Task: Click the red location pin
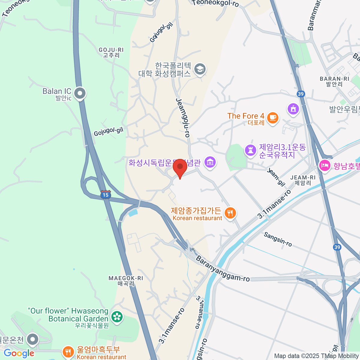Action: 180,167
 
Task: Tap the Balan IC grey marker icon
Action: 80,93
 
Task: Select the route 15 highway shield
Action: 106,194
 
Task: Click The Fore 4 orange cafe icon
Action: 272,118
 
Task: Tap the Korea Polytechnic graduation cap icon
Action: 199,69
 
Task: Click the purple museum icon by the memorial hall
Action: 210,162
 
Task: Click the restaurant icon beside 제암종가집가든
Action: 230,213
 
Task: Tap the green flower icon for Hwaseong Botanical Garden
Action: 117,316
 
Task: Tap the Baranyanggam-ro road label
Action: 223,268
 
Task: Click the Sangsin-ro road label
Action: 278,239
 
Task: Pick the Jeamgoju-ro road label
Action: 183,118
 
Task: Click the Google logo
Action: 19,353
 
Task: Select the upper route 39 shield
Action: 301,94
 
